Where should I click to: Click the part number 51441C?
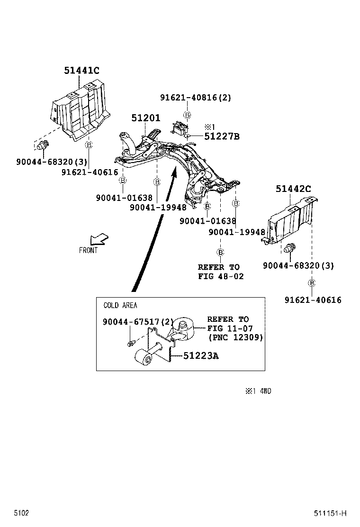tap(81, 71)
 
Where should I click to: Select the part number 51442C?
tap(293, 189)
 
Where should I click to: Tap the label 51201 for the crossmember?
tap(145, 118)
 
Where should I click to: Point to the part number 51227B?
tap(222, 136)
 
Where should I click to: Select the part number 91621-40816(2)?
tap(195, 98)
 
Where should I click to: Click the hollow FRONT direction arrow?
tap(100, 238)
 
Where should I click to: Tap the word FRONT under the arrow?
tap(88, 251)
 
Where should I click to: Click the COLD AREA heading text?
tap(120, 306)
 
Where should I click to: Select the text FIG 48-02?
tap(221, 276)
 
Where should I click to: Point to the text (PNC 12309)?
tap(235, 337)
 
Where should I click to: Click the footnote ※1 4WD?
tap(258, 391)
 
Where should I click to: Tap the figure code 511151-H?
tap(330, 513)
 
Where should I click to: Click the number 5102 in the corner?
tap(21, 513)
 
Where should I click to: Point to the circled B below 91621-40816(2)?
tap(188, 115)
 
